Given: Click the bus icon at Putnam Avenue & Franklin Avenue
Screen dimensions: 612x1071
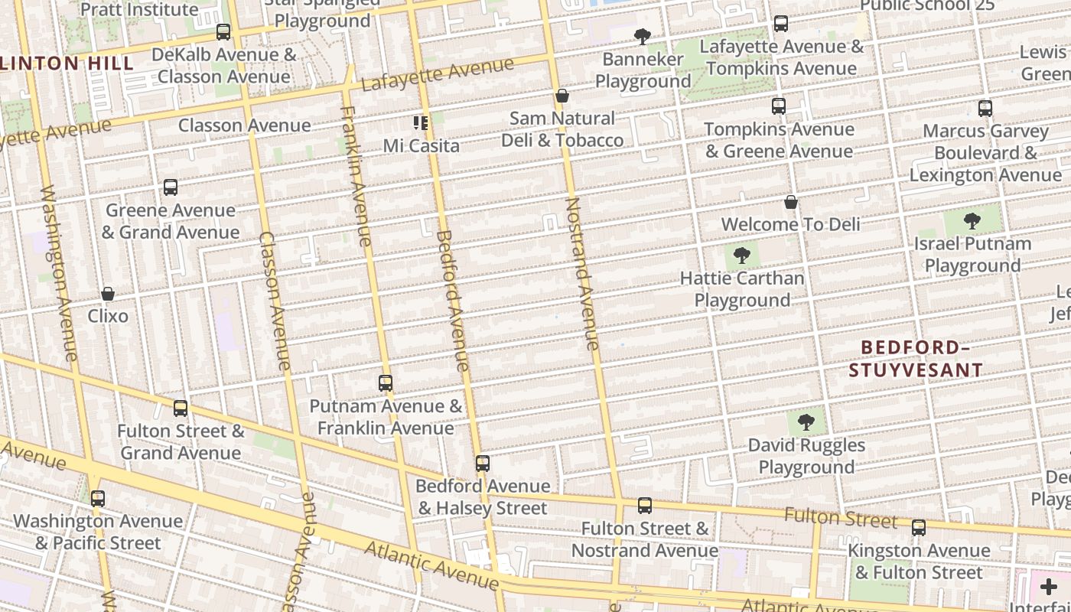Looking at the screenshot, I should (386, 383).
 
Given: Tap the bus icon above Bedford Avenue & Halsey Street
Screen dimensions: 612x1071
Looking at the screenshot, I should (482, 463).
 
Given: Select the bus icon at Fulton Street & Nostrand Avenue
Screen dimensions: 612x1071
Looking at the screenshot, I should (645, 506).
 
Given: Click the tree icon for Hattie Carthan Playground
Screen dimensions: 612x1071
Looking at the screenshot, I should (741, 256).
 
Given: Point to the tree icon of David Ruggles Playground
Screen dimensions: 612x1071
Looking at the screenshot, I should (806, 422).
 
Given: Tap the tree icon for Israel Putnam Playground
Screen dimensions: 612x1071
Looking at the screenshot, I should (972, 221).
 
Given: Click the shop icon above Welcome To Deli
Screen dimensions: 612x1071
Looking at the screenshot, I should (791, 202).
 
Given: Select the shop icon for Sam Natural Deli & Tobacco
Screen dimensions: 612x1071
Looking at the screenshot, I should (562, 96).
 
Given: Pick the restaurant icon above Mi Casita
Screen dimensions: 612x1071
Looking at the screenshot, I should (421, 122).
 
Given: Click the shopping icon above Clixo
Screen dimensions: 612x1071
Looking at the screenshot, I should (108, 294).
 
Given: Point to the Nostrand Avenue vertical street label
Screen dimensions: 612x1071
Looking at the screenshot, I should (581, 274).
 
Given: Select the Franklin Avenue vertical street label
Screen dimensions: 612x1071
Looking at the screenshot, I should (356, 176).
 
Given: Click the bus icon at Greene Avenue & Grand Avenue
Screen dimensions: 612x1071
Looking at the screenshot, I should (171, 187).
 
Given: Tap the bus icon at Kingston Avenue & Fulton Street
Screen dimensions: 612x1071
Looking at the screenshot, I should (918, 528).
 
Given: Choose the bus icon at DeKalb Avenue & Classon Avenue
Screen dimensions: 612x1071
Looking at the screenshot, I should (223, 32).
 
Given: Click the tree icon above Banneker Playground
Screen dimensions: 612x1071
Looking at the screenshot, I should (642, 36).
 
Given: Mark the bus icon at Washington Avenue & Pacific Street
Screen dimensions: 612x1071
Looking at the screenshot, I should (98, 499).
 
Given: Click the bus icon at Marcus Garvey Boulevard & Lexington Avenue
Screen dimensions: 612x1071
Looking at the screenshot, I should (985, 109).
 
